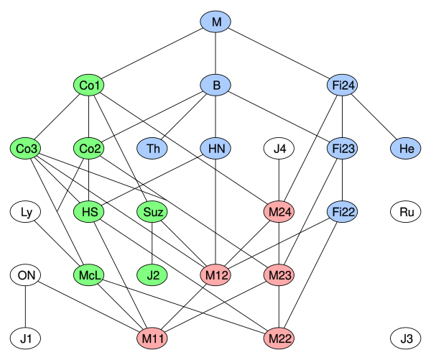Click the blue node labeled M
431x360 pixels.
pos(215,22)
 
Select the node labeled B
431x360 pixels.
pos(215,86)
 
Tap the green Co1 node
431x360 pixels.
pos(89,86)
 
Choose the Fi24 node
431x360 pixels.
pos(342,86)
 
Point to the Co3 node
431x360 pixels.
pos(26,149)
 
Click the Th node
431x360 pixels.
pos(152,149)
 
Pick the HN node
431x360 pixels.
pos(215,149)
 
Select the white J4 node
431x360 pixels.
pos(279,149)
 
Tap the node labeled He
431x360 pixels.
pos(405,149)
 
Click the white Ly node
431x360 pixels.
pos(26,212)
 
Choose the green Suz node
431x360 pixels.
pos(152,212)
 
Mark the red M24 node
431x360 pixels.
pos(279,212)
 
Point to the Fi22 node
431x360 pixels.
pos(342,212)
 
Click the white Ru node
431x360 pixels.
pos(405,212)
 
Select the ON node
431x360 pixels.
pos(26,274)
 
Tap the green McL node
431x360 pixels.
pos(89,274)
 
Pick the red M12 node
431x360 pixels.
pos(215,274)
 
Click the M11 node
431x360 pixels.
pos(152,338)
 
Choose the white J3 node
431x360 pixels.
pos(405,338)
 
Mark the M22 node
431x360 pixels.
pos(279,338)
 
